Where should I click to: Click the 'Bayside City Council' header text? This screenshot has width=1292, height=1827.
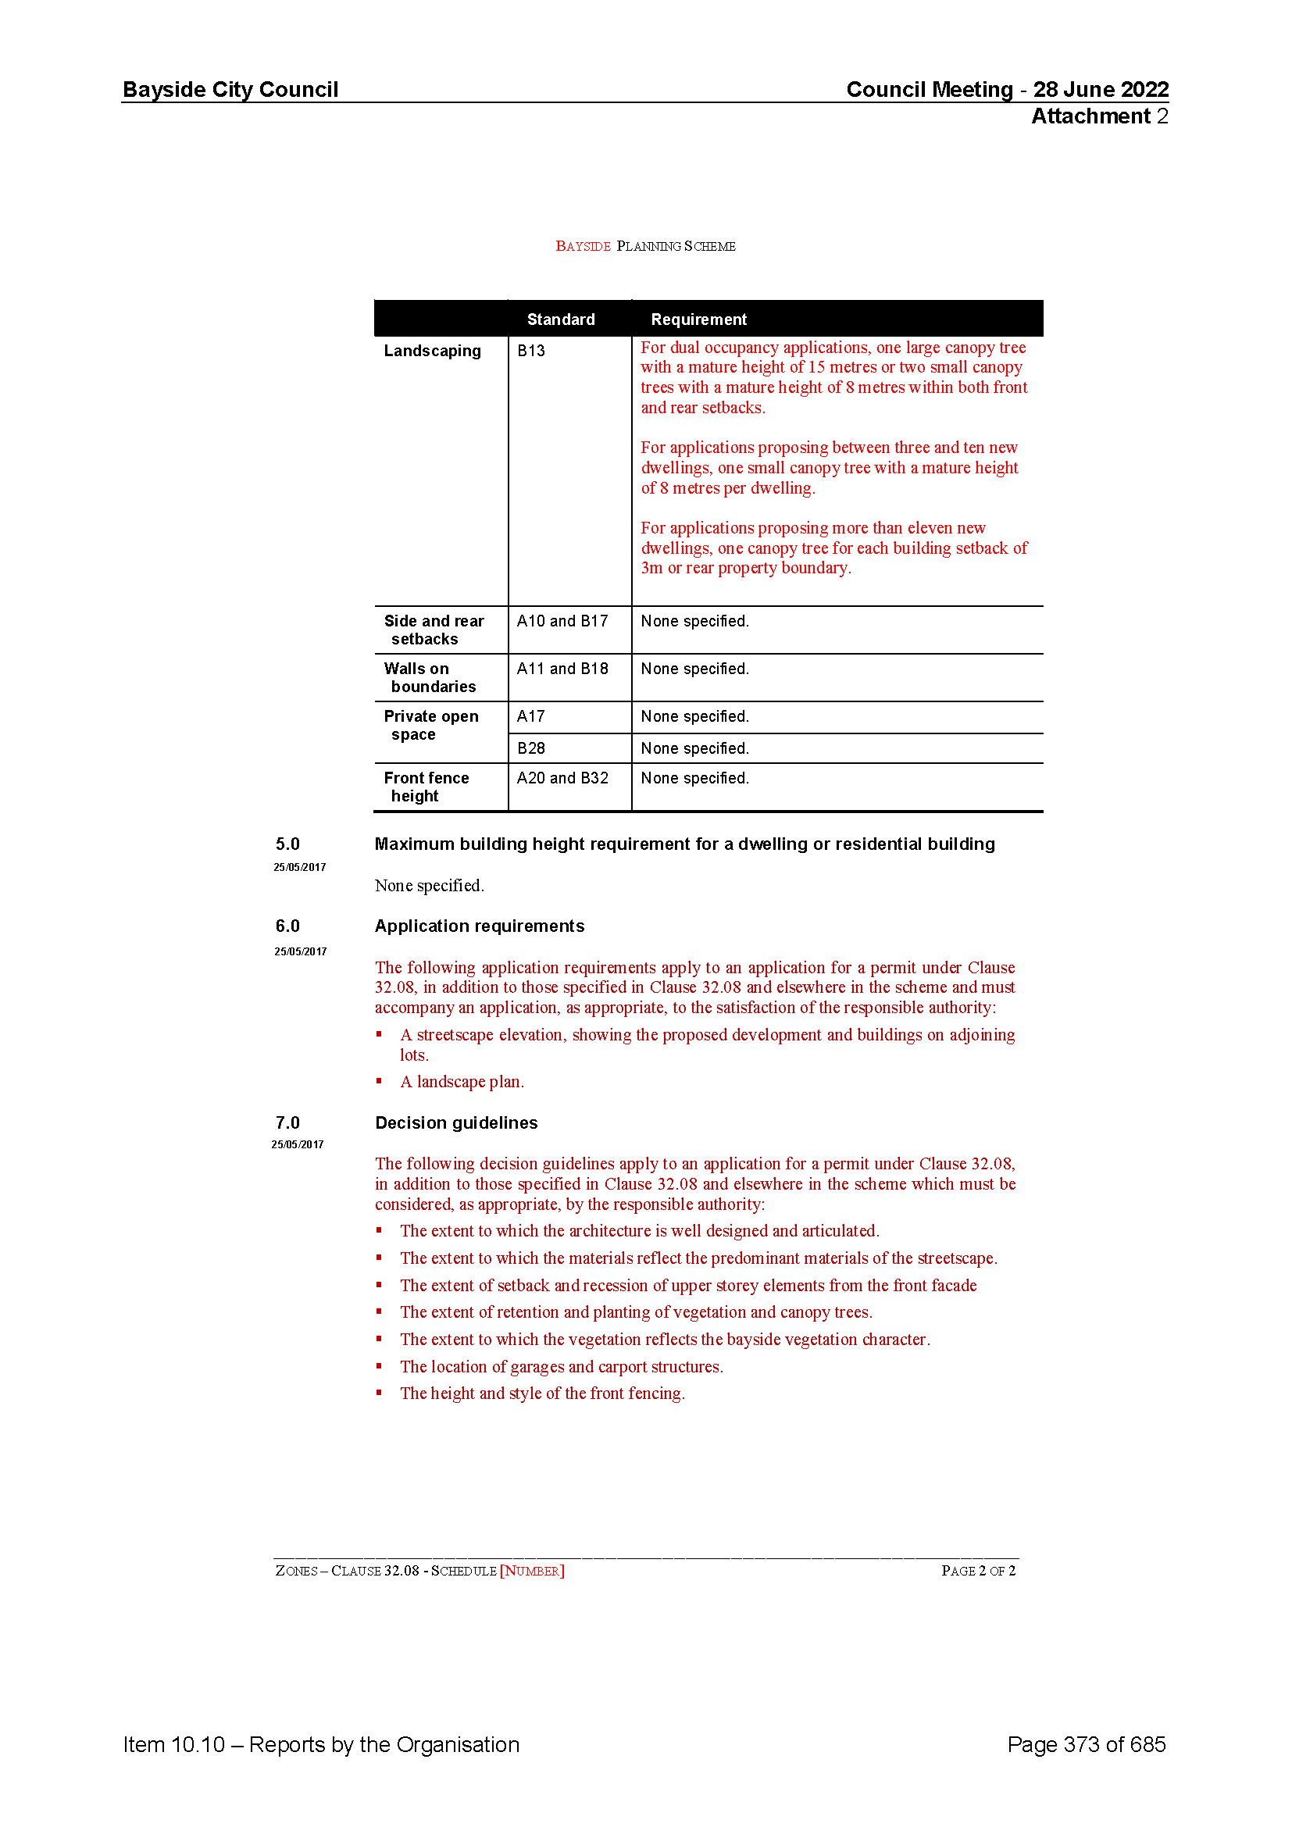230,89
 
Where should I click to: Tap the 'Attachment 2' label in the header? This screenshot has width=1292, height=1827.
1099,116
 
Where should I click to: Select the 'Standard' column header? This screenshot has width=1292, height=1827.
560,319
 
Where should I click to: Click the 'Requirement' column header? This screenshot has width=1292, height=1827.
698,319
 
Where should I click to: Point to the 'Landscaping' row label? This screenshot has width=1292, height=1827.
432,351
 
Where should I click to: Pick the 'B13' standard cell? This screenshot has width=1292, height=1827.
530,351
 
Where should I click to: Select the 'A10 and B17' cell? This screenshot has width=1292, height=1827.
562,621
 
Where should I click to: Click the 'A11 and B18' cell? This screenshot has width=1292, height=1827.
562,669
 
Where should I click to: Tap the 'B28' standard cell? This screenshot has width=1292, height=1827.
530,748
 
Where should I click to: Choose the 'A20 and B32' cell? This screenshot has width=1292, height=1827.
562,777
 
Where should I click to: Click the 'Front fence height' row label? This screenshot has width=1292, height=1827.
426,787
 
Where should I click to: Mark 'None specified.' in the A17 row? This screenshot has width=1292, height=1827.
694,716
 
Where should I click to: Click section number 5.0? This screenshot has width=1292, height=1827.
287,844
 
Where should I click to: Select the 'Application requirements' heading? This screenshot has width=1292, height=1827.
479,926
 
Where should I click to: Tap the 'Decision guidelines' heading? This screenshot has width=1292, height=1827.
456,1122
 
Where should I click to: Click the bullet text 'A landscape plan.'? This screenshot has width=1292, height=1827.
462,1081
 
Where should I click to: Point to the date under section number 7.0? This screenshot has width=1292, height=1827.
297,1144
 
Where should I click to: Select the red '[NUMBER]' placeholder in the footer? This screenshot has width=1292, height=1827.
531,1570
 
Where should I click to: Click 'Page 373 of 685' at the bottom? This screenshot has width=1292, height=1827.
1085,1744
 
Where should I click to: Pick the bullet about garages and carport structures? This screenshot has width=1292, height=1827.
561,1366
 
